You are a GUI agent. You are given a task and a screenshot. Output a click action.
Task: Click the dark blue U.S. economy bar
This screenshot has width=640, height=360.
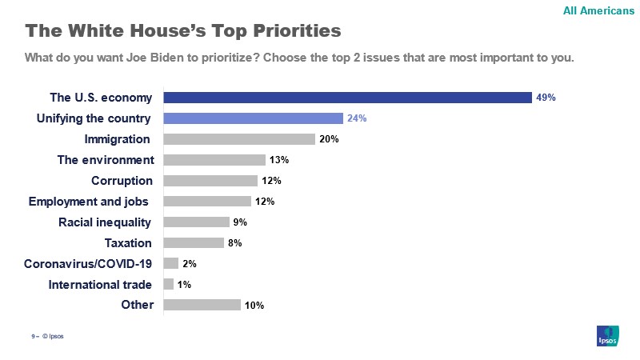point(348,98)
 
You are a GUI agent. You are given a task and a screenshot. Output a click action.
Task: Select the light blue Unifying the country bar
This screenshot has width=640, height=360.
point(254,118)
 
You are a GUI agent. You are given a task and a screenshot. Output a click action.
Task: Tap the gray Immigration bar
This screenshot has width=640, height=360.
point(239,139)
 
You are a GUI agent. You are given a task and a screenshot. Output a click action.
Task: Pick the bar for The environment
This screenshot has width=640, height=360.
point(214,160)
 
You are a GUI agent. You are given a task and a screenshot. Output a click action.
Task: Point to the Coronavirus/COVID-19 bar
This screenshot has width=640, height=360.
point(170,263)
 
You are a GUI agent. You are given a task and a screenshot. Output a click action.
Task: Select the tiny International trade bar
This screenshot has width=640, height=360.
point(168,284)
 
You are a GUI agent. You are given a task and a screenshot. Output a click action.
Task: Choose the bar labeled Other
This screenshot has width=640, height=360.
point(202,305)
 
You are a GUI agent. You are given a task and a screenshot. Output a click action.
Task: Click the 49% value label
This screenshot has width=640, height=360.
point(546,98)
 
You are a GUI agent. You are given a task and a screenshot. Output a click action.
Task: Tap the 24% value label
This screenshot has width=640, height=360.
point(357,118)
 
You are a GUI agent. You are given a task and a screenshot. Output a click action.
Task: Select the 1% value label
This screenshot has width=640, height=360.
point(184,284)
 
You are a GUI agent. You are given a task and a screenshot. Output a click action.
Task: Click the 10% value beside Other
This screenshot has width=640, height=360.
point(254,305)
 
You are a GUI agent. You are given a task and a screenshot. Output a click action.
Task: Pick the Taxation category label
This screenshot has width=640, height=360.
point(128,242)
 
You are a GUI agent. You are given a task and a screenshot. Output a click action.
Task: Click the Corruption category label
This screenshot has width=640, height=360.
point(122,181)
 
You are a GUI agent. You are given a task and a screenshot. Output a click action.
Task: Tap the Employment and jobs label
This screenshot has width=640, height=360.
point(90,201)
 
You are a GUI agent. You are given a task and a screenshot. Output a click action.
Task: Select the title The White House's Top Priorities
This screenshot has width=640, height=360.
point(183,31)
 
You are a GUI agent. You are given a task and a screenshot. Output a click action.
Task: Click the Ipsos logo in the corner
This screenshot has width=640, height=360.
point(608,336)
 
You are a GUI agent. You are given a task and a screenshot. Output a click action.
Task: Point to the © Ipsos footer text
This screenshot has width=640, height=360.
point(52,336)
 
